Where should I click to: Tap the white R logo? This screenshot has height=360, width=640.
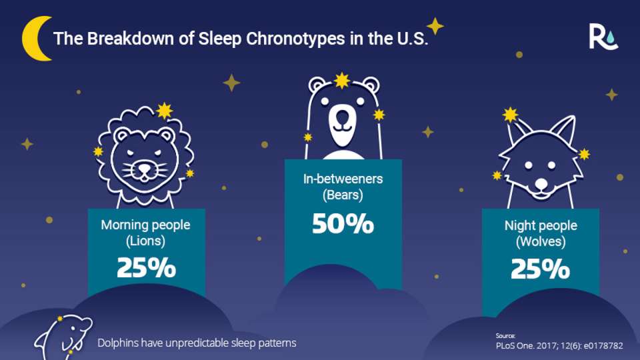tap(603, 36)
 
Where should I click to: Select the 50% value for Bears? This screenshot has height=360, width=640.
tap(343, 224)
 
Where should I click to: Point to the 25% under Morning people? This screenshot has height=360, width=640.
tap(146, 267)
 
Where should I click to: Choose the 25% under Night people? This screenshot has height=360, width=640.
tap(540, 268)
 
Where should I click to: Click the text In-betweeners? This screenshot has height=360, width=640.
tap(343, 179)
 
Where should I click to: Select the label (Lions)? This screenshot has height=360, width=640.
tap(145, 240)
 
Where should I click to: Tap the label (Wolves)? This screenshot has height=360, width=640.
tap(540, 241)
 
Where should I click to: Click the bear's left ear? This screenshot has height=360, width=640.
tap(318, 85)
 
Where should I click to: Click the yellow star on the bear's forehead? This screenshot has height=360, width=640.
tap(342, 81)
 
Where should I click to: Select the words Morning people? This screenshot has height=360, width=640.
tap(145, 225)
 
